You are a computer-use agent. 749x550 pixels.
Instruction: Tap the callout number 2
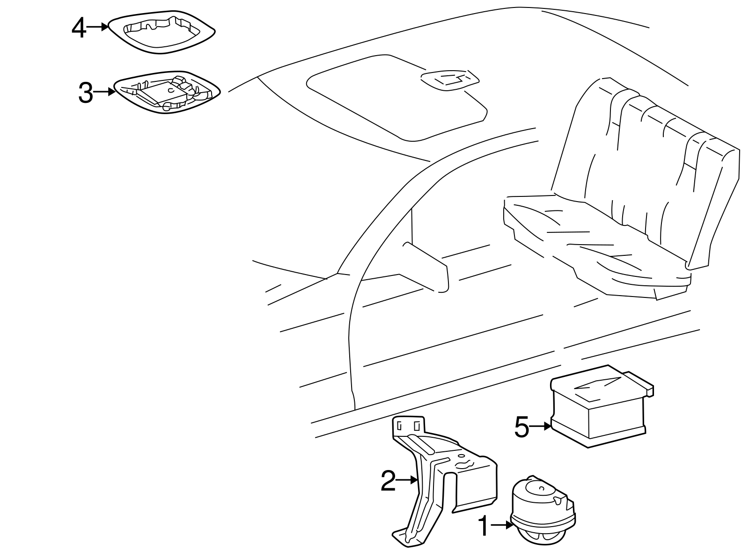(388, 482)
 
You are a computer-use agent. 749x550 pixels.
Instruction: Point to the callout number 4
(79, 28)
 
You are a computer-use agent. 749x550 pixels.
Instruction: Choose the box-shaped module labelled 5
(599, 407)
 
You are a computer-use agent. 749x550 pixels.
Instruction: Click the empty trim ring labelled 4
(162, 32)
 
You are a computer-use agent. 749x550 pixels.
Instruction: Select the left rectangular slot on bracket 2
(399, 426)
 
